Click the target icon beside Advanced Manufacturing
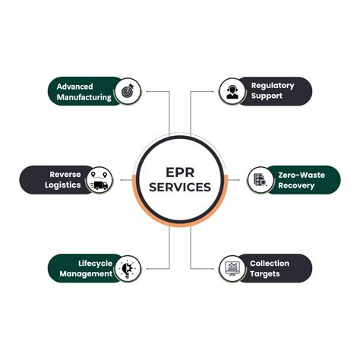click(x=128, y=91)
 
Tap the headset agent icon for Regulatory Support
click(x=232, y=91)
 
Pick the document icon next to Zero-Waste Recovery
click(x=261, y=179)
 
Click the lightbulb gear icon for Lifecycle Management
click(x=128, y=268)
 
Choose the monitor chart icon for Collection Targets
click(x=232, y=269)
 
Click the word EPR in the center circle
click(x=180, y=172)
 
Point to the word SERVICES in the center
click(x=180, y=187)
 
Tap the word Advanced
click(x=74, y=87)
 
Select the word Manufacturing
click(x=84, y=97)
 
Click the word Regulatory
click(x=273, y=86)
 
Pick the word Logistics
click(x=63, y=185)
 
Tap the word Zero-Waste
click(x=302, y=175)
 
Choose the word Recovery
click(x=296, y=185)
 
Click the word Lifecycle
click(x=95, y=264)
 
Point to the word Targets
click(x=265, y=274)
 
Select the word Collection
click(x=270, y=264)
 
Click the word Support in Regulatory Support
click(x=267, y=96)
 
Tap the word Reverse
click(x=65, y=175)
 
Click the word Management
click(x=86, y=274)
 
